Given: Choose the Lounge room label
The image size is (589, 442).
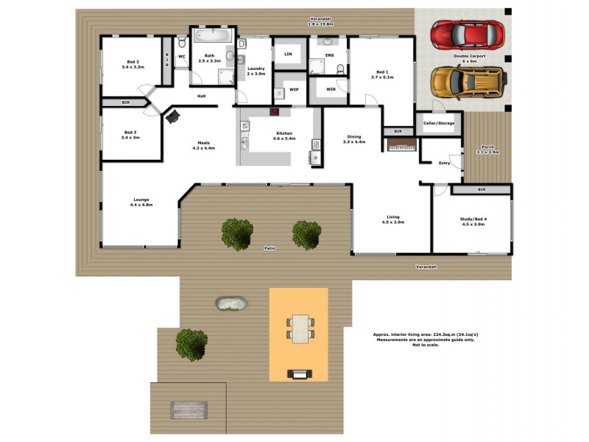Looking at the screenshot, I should (141, 201).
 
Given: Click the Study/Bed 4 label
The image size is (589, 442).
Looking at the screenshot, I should (472, 221).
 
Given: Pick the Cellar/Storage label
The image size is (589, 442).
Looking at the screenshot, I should (439, 123).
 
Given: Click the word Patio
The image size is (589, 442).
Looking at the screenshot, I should (270, 248).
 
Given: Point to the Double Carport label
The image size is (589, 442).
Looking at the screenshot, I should (468, 57).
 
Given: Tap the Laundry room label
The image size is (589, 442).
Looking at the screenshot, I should (255, 71).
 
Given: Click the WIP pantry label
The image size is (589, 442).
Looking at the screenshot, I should (294, 89).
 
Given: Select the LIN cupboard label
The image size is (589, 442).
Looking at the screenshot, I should (287, 53).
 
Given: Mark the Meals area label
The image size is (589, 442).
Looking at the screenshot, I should (203, 145).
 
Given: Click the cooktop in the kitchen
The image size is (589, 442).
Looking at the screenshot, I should (275, 112).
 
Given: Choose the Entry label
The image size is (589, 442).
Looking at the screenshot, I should (444, 163).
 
